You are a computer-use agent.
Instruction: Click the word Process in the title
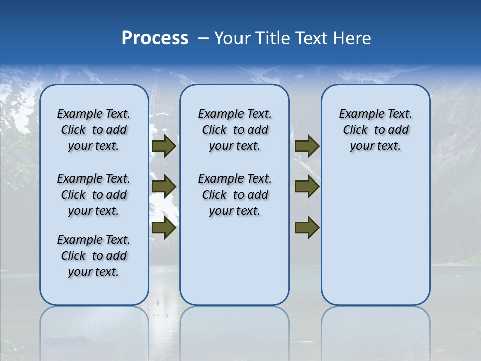pos(155,38)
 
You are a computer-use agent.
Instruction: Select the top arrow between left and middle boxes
pos(164,146)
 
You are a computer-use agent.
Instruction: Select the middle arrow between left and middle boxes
pos(164,187)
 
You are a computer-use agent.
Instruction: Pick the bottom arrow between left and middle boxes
pos(164,228)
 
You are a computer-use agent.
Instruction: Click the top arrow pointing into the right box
pos(307,146)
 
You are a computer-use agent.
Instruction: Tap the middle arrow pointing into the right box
pos(307,187)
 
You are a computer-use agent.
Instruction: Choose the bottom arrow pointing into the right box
pos(307,228)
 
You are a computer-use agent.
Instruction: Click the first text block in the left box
pos(94,130)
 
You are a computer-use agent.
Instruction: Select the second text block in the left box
pos(94,195)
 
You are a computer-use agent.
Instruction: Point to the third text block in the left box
pos(94,256)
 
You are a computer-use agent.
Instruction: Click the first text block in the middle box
pos(235,130)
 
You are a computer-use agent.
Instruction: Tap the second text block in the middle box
pos(235,195)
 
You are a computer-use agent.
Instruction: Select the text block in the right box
pos(376,130)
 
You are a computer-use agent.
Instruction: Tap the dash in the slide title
pos(203,38)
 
